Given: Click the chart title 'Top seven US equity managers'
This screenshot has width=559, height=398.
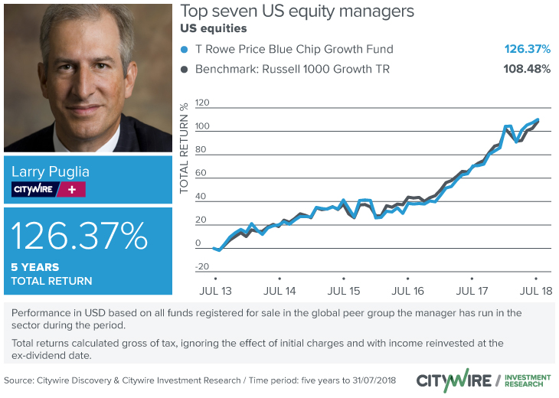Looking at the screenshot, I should click(x=297, y=11).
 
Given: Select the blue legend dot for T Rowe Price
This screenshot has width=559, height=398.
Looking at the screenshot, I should click(x=184, y=50).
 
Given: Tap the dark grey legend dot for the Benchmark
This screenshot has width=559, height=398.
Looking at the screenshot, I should click(x=184, y=70).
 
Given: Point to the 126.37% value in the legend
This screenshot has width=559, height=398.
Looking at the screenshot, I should click(x=527, y=50).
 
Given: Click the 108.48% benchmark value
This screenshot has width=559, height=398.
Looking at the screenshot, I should click(x=527, y=70).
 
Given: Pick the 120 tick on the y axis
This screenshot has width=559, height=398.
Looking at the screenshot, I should click(x=202, y=103).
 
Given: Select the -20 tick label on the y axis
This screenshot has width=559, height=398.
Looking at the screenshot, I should click(x=202, y=266).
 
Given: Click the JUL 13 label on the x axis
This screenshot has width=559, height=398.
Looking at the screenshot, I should click(x=215, y=292).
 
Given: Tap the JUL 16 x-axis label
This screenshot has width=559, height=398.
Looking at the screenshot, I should click(x=407, y=292).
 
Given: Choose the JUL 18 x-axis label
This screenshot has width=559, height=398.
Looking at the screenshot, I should click(x=536, y=292).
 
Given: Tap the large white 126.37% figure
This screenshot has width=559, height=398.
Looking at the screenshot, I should click(x=80, y=237).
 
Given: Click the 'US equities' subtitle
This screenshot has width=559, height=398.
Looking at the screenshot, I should click(x=214, y=29).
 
